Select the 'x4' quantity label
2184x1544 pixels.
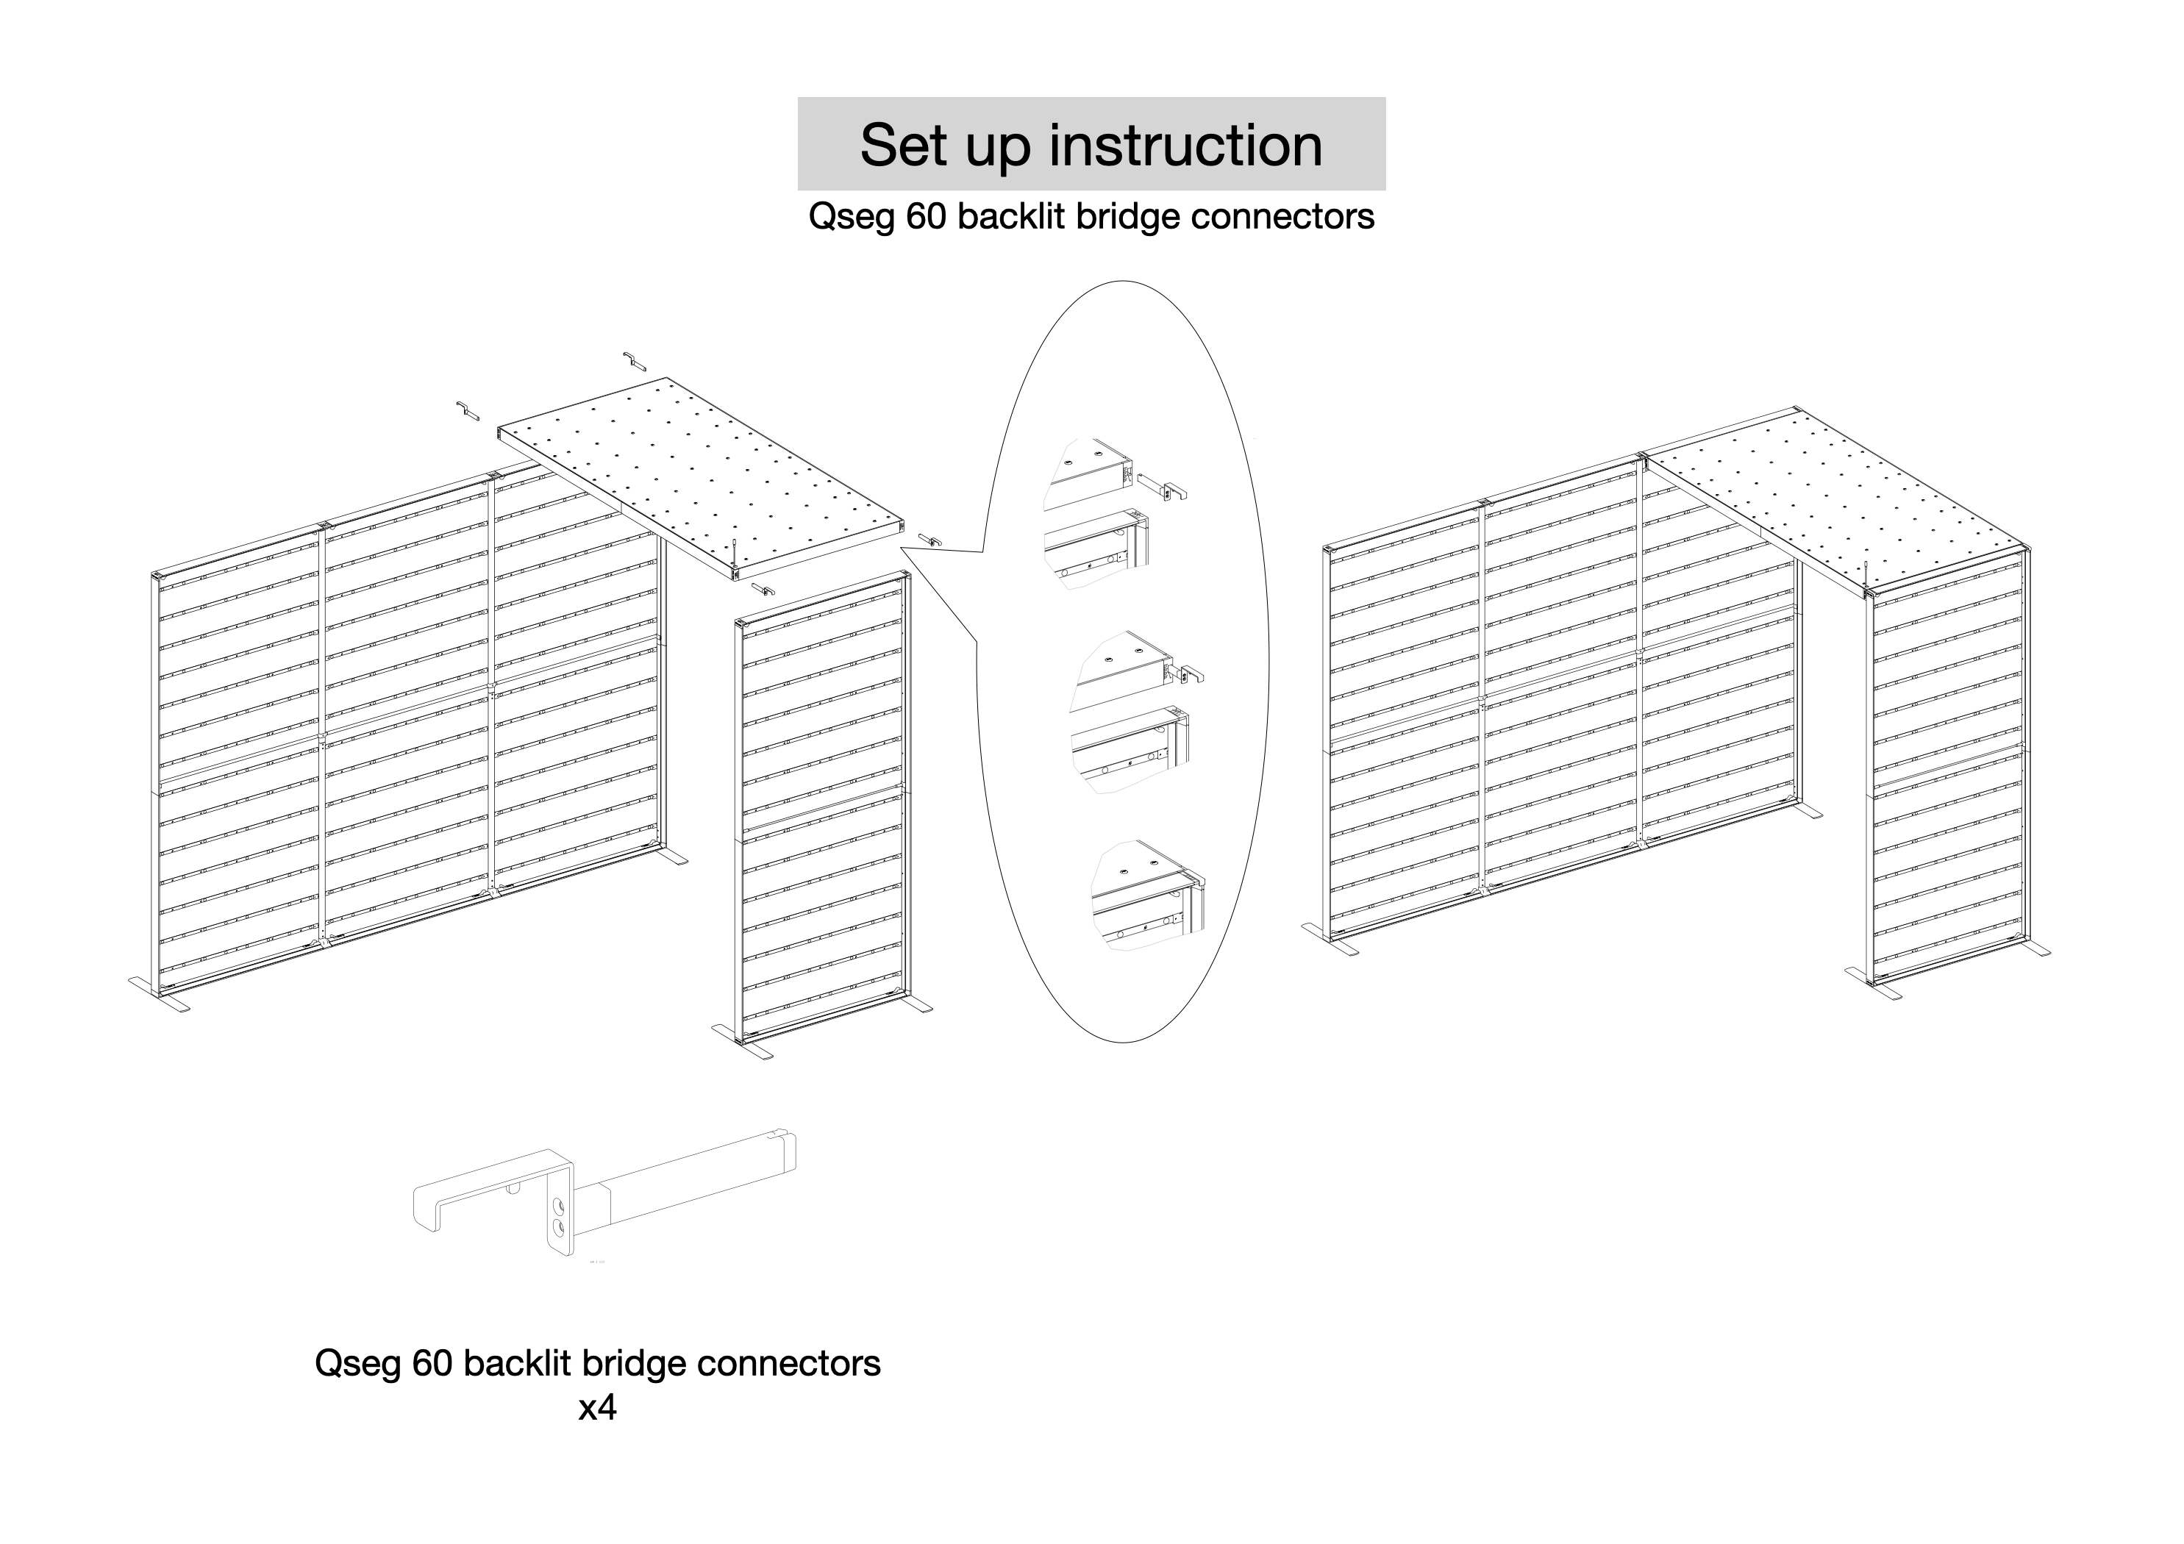pyautogui.click(x=597, y=1407)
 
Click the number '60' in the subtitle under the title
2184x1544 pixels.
pyautogui.click(x=927, y=217)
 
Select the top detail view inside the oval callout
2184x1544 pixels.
pyautogui.click(x=1108, y=514)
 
